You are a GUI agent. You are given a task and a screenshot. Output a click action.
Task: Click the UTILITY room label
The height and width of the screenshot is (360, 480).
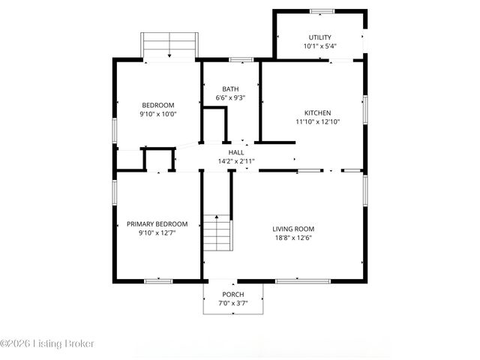(x=319, y=37)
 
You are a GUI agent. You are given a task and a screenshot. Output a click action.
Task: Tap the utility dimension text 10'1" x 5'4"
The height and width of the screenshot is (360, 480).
(x=319, y=46)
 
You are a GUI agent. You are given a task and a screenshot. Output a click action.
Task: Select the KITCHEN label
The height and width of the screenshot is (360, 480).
(x=317, y=112)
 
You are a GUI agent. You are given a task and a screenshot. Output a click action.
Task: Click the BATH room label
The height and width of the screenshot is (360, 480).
(x=230, y=89)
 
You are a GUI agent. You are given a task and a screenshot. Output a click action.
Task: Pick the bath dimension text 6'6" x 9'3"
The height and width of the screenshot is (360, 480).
(x=230, y=97)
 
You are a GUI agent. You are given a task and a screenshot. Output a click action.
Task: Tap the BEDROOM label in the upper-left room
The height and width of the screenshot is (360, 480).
(x=157, y=105)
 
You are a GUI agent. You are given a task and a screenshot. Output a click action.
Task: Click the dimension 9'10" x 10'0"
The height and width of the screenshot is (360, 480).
(x=157, y=114)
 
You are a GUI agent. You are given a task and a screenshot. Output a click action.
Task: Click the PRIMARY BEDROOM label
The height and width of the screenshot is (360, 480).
(x=157, y=224)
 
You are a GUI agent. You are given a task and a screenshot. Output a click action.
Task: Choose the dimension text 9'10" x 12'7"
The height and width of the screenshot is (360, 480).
(x=157, y=232)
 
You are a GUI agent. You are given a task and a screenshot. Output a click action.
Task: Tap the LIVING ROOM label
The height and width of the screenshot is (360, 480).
(x=292, y=229)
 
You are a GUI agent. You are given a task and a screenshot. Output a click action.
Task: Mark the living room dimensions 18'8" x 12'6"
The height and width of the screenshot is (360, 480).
(x=292, y=238)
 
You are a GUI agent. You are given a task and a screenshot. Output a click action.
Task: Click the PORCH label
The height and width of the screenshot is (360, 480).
(x=232, y=294)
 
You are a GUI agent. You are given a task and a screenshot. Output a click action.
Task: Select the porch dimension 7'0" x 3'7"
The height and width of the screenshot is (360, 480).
(x=232, y=303)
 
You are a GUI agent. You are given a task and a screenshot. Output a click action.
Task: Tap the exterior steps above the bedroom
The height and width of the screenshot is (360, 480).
(x=169, y=45)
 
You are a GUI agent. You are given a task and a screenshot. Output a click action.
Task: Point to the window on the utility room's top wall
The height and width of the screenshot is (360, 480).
(x=322, y=11)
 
